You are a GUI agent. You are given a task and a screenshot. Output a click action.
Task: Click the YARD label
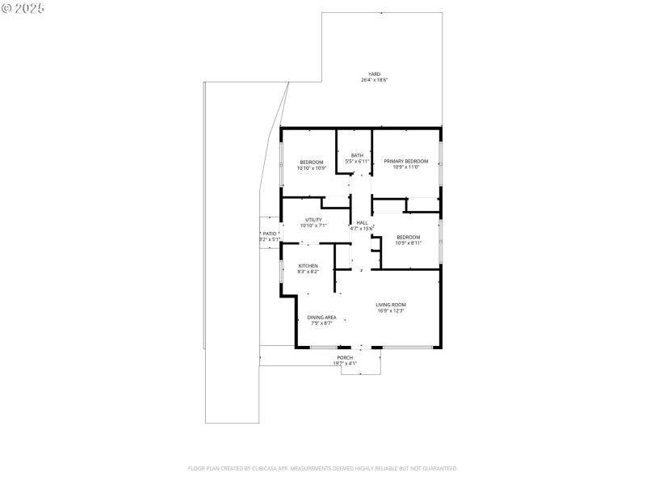pyautogui.click(x=374, y=74)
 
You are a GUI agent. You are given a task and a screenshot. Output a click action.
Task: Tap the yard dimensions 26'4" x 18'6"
pyautogui.click(x=374, y=80)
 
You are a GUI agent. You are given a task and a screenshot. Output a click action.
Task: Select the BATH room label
pyautogui.click(x=357, y=155)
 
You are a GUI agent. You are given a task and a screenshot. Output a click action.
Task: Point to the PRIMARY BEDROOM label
pyautogui.click(x=405, y=161)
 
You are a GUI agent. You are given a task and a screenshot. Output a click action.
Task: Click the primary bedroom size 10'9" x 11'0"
pyautogui.click(x=405, y=167)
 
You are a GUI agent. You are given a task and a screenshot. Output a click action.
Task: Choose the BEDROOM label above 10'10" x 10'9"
pyautogui.click(x=312, y=162)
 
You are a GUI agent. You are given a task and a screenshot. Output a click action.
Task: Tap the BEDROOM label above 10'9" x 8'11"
pyautogui.click(x=408, y=236)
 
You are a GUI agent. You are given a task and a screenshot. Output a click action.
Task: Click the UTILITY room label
pyautogui.click(x=313, y=220)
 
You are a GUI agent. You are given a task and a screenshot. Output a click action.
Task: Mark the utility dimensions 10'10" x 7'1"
pyautogui.click(x=313, y=226)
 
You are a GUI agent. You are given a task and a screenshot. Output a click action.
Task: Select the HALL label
pyautogui.click(x=362, y=222)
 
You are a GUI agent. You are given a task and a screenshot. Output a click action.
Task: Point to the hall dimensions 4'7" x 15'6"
pyautogui.click(x=362, y=229)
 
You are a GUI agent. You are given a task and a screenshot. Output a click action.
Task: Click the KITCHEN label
pyautogui.click(x=308, y=266)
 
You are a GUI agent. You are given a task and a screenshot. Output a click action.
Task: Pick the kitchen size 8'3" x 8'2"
pyautogui.click(x=308, y=272)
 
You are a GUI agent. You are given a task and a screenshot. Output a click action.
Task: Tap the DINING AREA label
pyautogui.click(x=321, y=317)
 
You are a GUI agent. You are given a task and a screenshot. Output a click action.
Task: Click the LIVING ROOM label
pyautogui.click(x=391, y=305)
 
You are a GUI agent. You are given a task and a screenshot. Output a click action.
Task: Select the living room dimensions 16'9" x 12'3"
pyautogui.click(x=391, y=310)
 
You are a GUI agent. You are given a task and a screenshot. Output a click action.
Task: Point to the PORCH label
pyautogui.click(x=345, y=357)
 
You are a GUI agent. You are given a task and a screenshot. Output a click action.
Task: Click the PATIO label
pyautogui.click(x=269, y=233)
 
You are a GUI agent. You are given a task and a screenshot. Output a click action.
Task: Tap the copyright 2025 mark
pyautogui.click(x=23, y=7)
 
